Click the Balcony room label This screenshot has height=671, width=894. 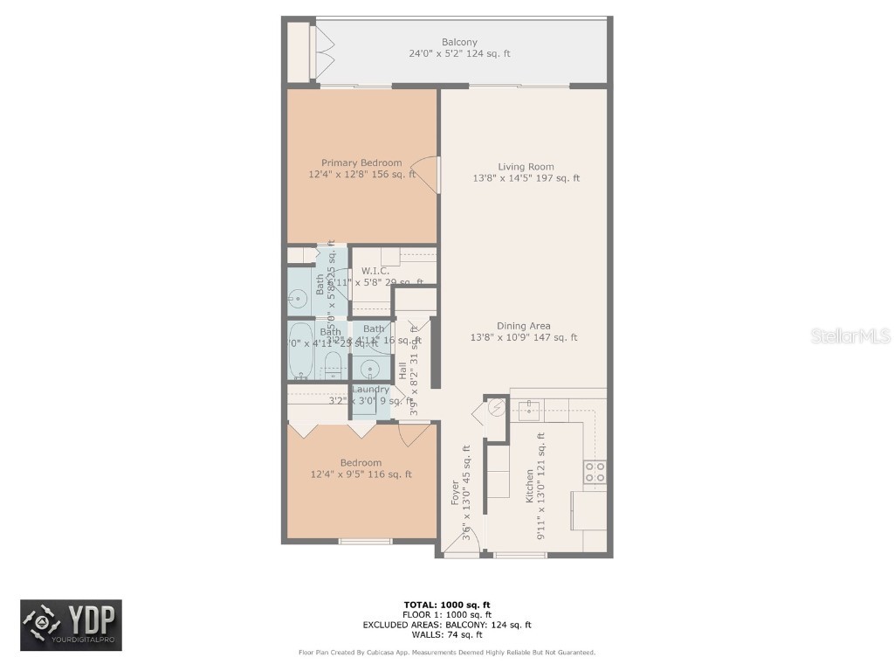(x=459, y=42)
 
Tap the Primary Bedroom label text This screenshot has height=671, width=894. (x=361, y=163)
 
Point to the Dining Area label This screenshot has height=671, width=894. (x=524, y=326)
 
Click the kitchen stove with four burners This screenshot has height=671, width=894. (x=595, y=472)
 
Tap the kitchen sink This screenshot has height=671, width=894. (x=529, y=406)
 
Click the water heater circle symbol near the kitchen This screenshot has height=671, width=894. (x=496, y=407)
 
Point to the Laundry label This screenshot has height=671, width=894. (x=370, y=390)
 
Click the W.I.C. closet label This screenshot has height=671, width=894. (x=375, y=271)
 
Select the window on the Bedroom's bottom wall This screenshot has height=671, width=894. (x=365, y=541)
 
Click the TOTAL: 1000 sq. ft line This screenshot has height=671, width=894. (x=447, y=605)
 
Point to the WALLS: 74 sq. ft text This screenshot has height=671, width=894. (x=447, y=635)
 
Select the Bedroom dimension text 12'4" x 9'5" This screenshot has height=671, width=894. (x=361, y=474)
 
